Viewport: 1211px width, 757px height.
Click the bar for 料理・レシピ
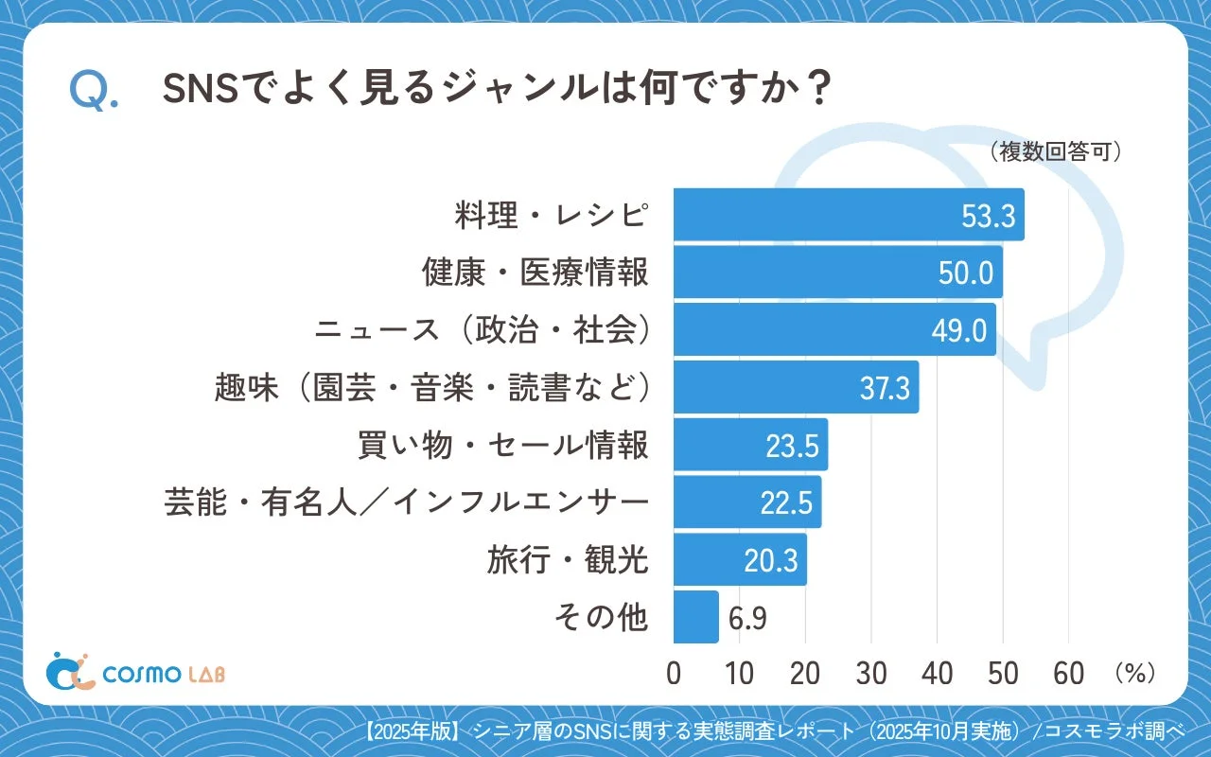814,215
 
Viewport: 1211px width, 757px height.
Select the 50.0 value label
966,273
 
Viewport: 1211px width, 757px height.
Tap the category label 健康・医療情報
535,273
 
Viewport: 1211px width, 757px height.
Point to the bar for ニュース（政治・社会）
804,330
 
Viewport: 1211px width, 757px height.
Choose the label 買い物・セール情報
503,445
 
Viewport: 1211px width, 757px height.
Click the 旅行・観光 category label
568,560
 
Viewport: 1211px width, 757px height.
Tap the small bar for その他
695,617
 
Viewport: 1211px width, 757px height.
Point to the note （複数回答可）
1055,152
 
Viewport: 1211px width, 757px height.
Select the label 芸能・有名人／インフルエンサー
407,502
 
